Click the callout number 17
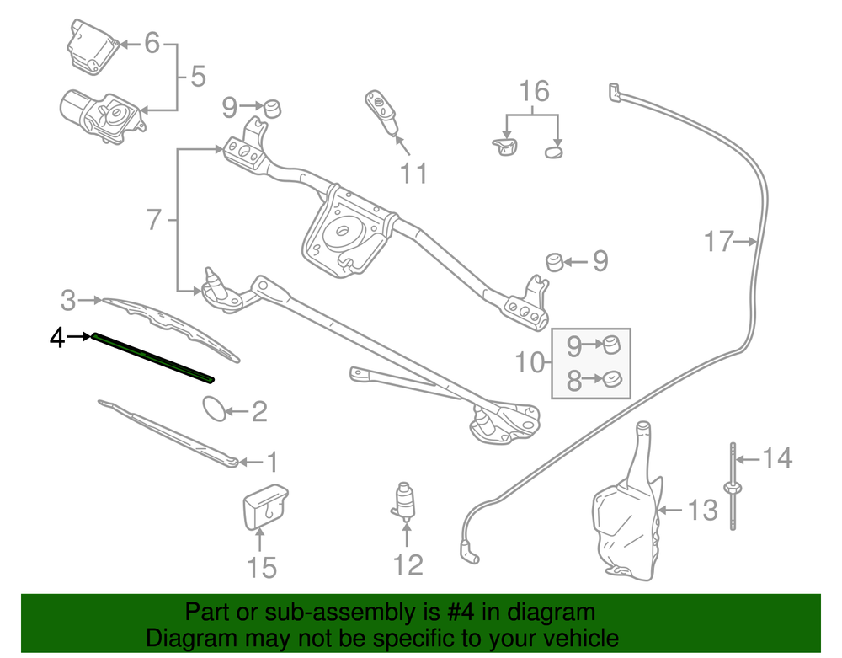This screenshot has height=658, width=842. click(719, 243)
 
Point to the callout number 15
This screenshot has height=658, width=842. click(262, 567)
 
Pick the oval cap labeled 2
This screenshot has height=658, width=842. click(216, 410)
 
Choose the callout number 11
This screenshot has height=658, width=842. click(413, 173)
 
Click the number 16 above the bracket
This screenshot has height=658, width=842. click(534, 91)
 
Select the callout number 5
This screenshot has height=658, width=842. click(197, 78)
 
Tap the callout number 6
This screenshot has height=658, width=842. click(152, 42)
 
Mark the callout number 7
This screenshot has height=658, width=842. click(153, 220)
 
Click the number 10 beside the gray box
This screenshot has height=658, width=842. click(530, 363)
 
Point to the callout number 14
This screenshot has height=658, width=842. click(777, 457)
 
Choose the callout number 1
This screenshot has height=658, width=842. click(271, 461)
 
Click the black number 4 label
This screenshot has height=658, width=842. click(56, 338)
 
